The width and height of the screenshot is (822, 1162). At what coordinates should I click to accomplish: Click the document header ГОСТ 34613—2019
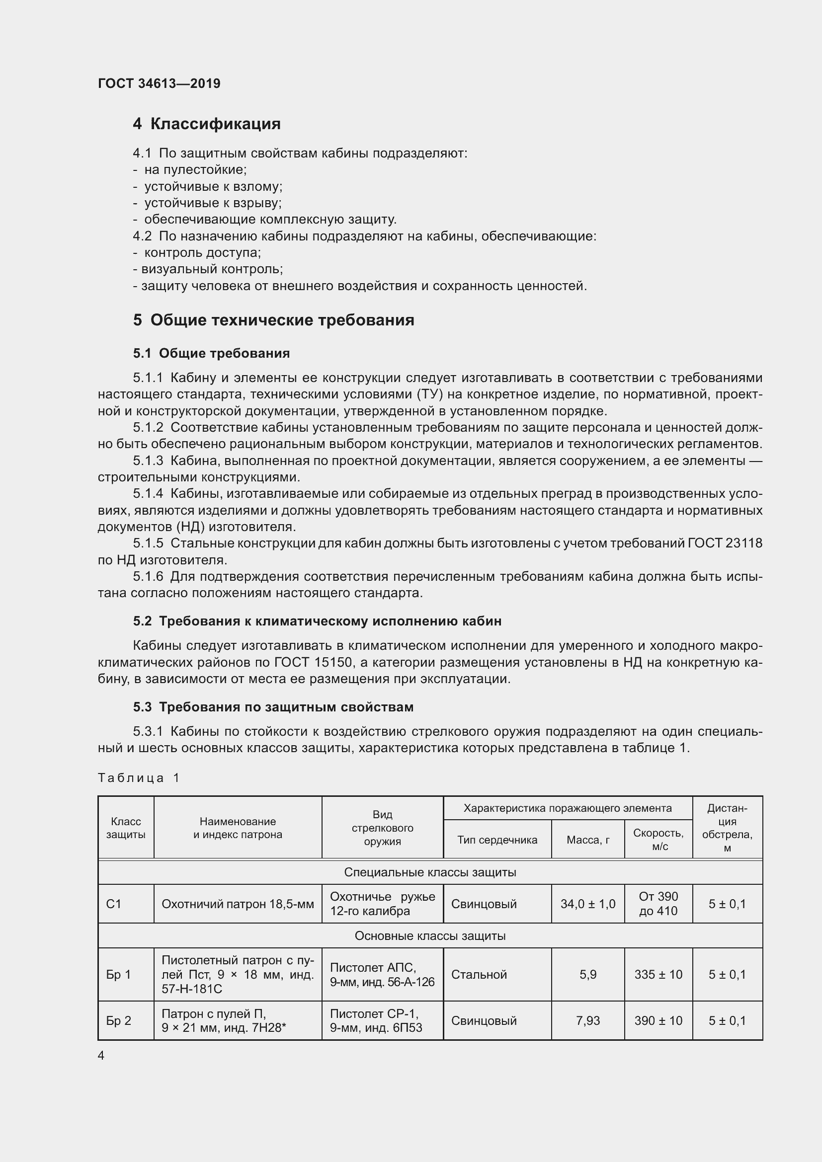click(x=159, y=83)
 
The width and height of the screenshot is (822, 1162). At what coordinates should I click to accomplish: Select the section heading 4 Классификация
click(x=207, y=124)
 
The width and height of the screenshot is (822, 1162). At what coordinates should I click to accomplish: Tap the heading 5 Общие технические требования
click(x=273, y=320)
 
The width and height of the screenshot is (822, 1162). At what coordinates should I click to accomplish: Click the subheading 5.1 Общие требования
click(x=211, y=353)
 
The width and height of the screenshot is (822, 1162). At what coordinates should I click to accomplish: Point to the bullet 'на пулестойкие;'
click(x=195, y=169)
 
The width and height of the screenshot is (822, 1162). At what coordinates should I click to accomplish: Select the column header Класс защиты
click(x=126, y=828)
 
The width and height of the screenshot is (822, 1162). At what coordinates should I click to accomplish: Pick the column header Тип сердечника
click(x=497, y=840)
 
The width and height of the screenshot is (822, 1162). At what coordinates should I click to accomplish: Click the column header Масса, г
click(x=587, y=840)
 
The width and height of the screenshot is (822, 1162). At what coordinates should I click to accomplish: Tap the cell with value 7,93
click(x=587, y=1020)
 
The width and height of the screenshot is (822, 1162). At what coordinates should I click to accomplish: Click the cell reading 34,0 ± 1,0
click(x=587, y=903)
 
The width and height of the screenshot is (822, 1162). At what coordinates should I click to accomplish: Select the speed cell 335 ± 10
click(x=658, y=974)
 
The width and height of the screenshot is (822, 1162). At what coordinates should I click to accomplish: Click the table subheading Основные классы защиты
click(x=430, y=936)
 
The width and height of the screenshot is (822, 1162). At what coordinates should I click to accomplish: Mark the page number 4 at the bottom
click(x=101, y=1055)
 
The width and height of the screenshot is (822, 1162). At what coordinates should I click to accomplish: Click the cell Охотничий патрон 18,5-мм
click(x=238, y=904)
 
